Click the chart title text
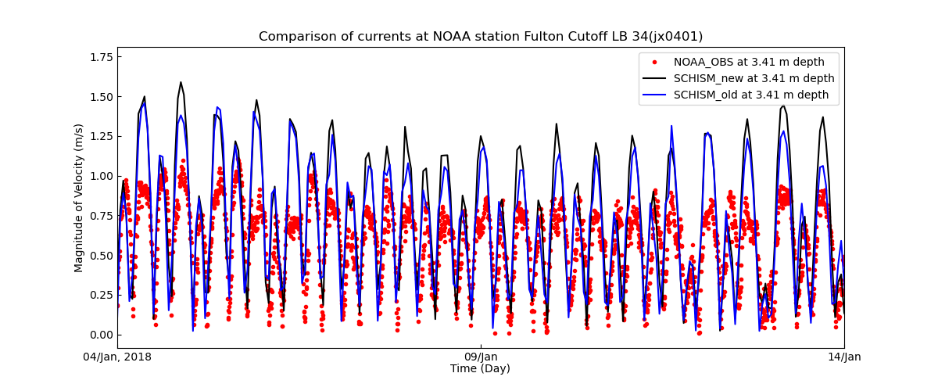[x=481, y=37]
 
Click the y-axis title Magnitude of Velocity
[x=79, y=198]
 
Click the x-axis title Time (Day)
[x=480, y=369]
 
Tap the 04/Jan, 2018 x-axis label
[x=117, y=357]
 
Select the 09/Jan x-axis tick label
[x=481, y=357]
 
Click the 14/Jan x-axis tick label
[x=843, y=357]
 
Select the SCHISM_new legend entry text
[x=754, y=78]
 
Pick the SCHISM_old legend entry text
[x=751, y=95]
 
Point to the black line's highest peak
[x=181, y=82]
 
